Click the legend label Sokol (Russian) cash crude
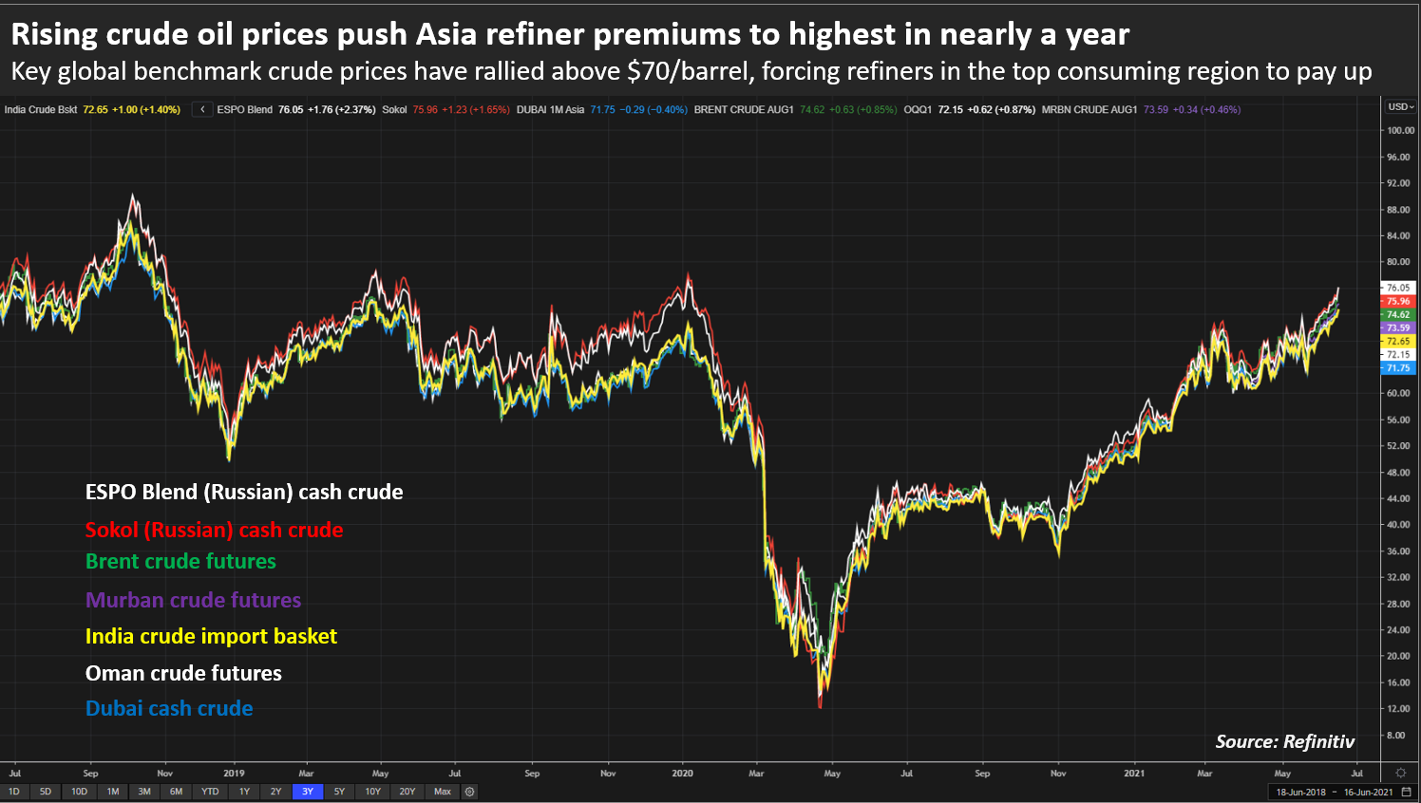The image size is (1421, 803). [214, 530]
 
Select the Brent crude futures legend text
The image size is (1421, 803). [180, 561]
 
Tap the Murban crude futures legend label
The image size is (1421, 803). [193, 600]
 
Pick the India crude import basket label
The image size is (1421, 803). [211, 636]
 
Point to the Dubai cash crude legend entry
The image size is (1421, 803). [169, 708]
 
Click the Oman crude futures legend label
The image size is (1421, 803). [183, 673]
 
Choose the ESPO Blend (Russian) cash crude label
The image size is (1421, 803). [244, 492]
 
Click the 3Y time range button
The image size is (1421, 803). [308, 792]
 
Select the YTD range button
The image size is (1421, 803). [210, 792]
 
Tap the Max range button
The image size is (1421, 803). [443, 792]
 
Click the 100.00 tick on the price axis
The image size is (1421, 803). [1399, 131]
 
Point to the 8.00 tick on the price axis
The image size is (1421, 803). [1395, 736]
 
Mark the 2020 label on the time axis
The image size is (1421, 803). [682, 774]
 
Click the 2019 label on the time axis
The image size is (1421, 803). [234, 774]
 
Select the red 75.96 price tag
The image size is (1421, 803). [1398, 301]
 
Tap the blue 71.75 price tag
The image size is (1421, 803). [1398, 368]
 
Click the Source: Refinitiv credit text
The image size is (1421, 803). [1284, 741]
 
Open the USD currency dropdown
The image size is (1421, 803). [1400, 106]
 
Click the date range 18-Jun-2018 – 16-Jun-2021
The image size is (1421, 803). [1334, 792]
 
